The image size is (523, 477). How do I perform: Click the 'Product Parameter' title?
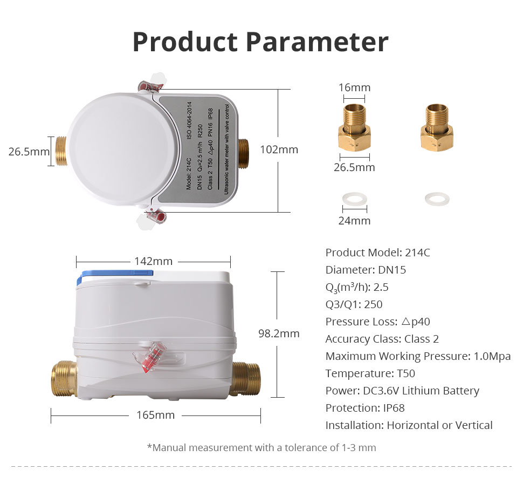coord(260,42)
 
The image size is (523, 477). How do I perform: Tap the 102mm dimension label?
coord(279,149)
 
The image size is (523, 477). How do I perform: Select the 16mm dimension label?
coord(354,87)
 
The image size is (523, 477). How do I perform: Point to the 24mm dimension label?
coord(354,221)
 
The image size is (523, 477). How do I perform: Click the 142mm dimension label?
coord(154,261)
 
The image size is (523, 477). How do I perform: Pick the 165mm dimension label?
coord(155,415)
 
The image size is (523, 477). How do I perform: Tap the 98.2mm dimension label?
coord(279,333)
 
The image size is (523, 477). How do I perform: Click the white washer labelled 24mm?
coord(355,200)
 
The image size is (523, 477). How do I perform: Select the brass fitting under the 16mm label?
coord(354,127)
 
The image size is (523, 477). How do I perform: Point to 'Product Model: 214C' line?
coord(377,253)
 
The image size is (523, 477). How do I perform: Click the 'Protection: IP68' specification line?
coord(365,408)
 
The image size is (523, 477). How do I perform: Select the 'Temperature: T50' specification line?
coord(370,373)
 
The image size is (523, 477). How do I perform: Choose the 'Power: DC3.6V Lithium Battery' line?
coord(402,391)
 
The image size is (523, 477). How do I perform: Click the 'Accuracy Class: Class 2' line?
coord(382,339)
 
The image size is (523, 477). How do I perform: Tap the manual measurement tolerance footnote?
coord(261,447)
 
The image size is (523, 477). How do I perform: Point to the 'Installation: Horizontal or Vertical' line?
coord(409,425)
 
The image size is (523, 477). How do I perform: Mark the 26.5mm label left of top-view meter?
coord(29,152)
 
